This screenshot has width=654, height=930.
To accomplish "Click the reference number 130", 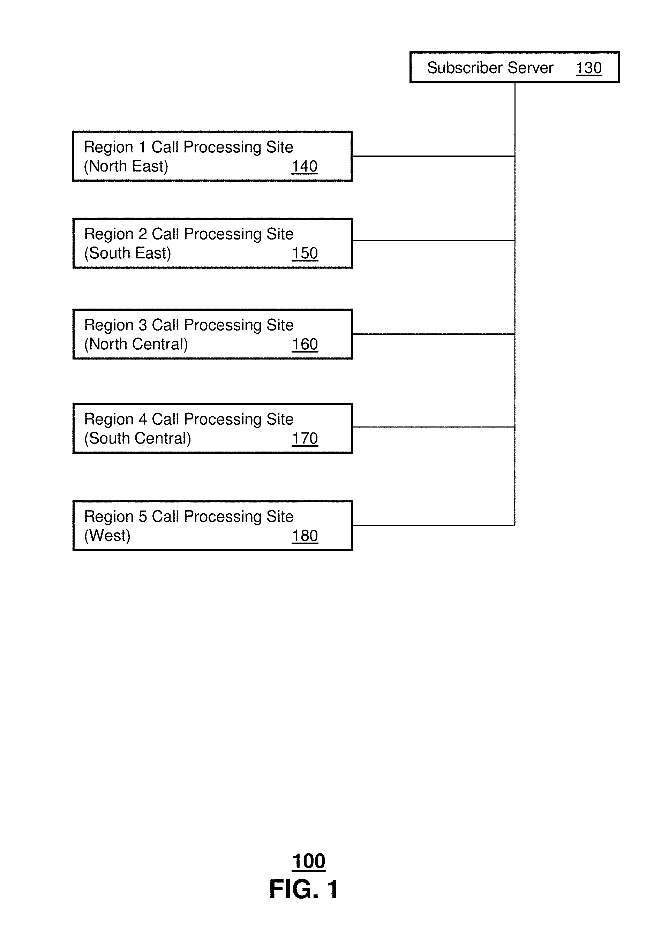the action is [x=588, y=68].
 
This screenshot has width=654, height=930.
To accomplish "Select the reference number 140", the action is [x=305, y=166].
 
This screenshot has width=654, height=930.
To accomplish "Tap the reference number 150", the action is [x=305, y=254].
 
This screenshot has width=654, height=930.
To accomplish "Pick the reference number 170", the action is [x=305, y=439].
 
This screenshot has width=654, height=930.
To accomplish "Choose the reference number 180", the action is [x=305, y=536].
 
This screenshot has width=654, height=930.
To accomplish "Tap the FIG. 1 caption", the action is [x=304, y=889].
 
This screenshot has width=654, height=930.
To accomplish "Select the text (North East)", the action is [x=126, y=166].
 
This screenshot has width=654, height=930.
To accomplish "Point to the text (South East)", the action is [x=128, y=254].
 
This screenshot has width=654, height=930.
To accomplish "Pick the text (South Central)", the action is [x=138, y=439].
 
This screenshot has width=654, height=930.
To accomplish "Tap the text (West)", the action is [x=107, y=536].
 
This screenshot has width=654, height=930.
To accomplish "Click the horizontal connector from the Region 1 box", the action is [x=434, y=156].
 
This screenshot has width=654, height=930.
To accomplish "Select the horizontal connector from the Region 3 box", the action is [x=434, y=334].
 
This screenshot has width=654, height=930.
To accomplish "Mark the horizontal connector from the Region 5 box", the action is [x=434, y=526].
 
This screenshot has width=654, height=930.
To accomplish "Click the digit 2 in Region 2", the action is [x=143, y=234].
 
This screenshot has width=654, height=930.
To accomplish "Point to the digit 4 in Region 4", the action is [x=143, y=419].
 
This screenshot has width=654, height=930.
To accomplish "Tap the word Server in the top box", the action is [x=531, y=68].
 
